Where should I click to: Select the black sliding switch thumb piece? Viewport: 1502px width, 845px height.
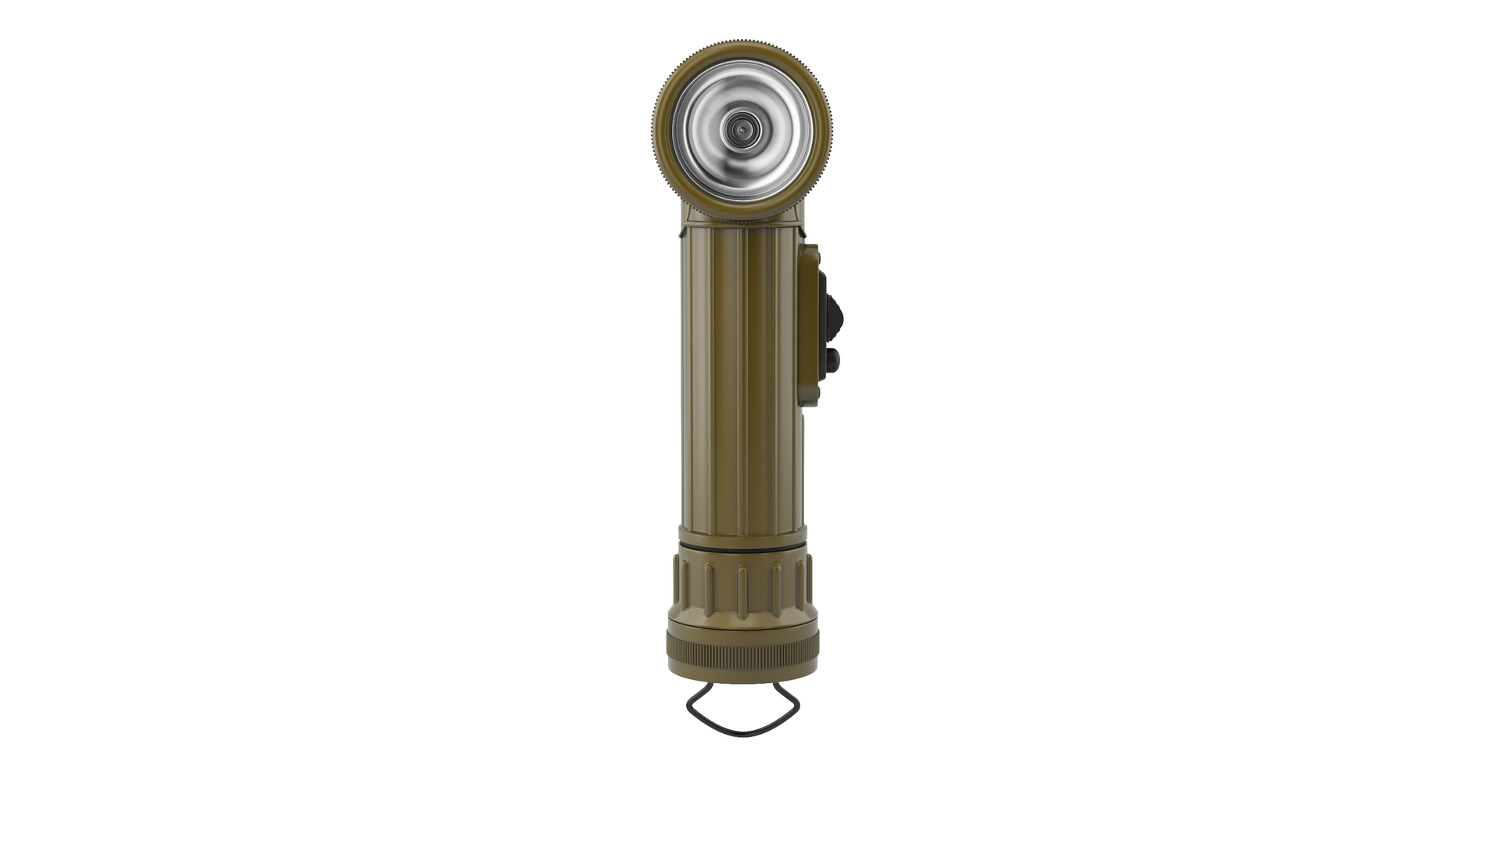pos(835,318)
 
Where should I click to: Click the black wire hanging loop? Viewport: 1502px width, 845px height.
pos(692,707)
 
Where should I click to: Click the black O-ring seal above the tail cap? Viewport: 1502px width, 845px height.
pos(742,550)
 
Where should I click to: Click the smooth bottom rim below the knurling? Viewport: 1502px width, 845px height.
pos(742,674)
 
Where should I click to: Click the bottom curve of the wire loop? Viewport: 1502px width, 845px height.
pos(742,734)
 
